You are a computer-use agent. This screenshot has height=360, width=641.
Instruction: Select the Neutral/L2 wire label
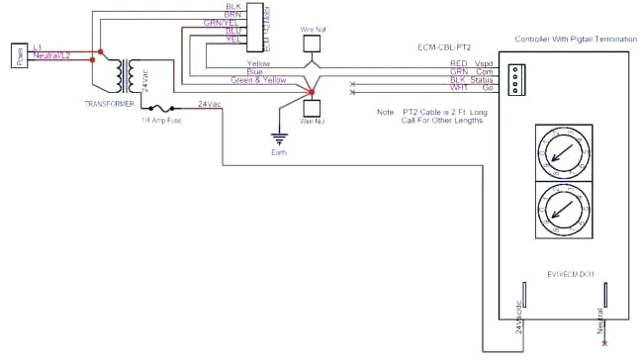(x=50, y=54)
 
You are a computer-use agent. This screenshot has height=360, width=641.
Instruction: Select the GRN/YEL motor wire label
(x=221, y=22)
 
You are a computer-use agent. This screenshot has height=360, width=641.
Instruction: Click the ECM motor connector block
(x=253, y=25)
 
